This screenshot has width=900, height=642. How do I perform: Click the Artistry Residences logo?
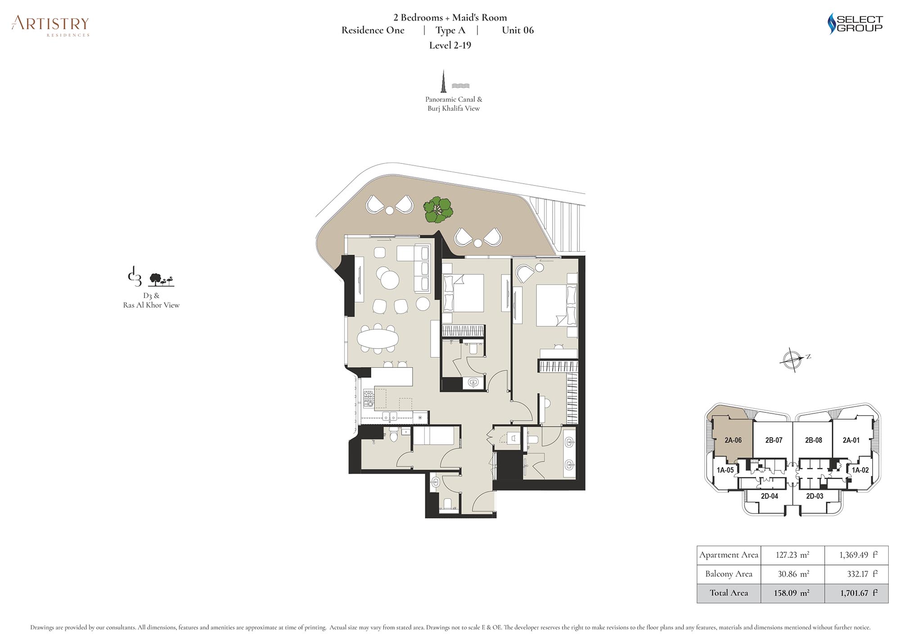50,26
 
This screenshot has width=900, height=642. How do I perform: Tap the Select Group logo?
855,24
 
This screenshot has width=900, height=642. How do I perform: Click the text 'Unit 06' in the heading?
518,30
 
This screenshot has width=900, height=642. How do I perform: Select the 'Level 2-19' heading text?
450,45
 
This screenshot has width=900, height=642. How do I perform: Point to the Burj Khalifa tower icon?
444,81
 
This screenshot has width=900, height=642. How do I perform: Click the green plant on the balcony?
438,210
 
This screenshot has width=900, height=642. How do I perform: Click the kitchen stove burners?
369,398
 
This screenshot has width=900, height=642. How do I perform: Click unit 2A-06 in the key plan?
733,440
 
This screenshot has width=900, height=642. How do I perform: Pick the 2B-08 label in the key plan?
813,440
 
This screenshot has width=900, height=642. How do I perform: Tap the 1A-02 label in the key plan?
860,470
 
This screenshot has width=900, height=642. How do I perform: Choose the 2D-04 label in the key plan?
769,496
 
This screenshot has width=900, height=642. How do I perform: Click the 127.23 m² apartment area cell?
792,555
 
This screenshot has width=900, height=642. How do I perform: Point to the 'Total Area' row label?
729,593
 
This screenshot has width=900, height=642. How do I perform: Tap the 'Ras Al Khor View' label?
151,305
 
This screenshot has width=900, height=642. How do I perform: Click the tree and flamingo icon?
162,280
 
